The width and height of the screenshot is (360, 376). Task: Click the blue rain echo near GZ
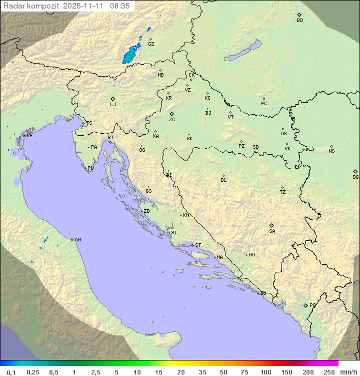[131, 54]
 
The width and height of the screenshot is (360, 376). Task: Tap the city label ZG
[172, 120]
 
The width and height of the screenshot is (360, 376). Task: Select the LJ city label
[113, 104]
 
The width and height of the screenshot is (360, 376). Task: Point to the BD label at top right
[299, 21]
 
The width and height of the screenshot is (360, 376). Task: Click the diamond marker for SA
[272, 225]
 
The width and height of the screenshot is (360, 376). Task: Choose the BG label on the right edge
[355, 177]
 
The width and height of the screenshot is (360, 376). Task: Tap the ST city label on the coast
[198, 245]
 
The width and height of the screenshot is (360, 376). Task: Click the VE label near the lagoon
[29, 136]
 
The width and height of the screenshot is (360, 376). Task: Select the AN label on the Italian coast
[77, 240]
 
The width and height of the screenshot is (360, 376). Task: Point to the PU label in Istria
[90, 168]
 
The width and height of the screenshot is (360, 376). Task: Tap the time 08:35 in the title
[120, 6]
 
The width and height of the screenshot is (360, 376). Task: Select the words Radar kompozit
[31, 6]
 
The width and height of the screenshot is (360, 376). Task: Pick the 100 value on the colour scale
[265, 372]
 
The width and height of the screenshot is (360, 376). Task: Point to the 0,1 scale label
[11, 372]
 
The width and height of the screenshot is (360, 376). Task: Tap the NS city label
[331, 151]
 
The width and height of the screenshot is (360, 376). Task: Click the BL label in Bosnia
[223, 180]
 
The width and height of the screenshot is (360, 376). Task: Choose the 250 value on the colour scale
[329, 372]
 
